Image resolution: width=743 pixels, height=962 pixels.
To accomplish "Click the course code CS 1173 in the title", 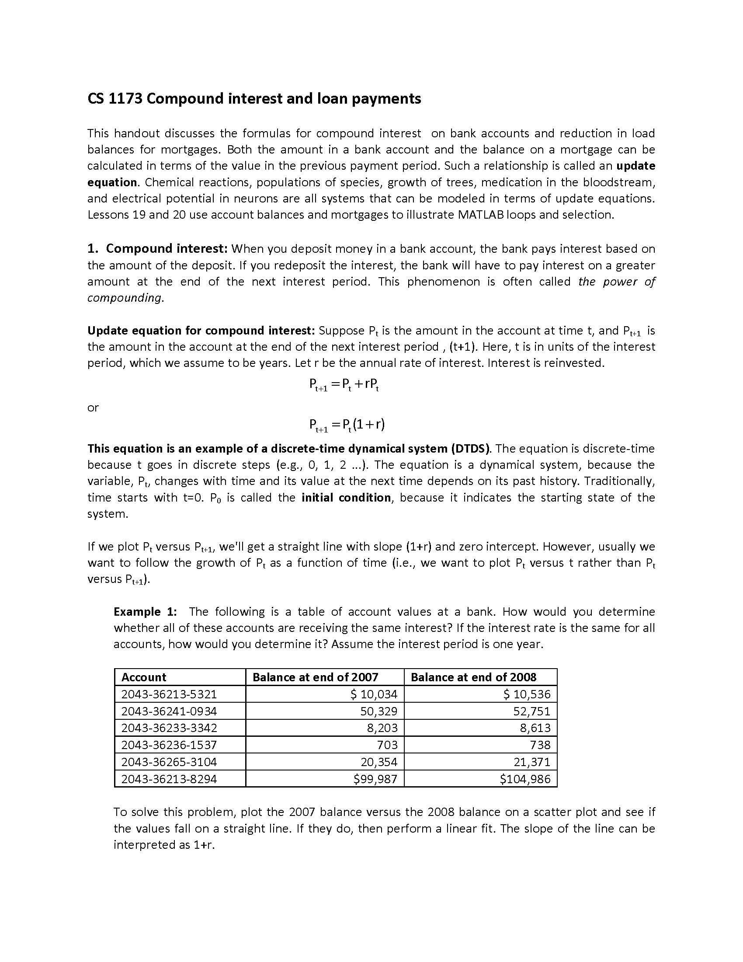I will (x=115, y=98).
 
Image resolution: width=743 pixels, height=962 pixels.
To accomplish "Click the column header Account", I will (x=143, y=677).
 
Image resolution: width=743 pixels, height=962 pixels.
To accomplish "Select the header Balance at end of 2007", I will (x=315, y=677).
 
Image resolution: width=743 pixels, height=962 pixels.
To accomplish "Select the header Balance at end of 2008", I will (x=473, y=677).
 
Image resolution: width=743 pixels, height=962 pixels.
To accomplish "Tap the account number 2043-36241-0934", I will (x=169, y=711).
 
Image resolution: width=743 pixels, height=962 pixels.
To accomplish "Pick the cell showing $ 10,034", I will (x=374, y=694).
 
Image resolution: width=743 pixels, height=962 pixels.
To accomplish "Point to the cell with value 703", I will (x=387, y=745).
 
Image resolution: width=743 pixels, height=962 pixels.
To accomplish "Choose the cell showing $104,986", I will (x=524, y=779).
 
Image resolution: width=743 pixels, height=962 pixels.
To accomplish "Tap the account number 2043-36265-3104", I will (x=169, y=762).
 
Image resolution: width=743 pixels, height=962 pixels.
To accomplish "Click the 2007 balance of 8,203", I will (x=382, y=728).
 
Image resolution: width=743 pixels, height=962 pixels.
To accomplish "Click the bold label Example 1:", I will (x=145, y=611).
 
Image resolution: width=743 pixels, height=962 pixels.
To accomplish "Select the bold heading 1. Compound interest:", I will (x=157, y=249).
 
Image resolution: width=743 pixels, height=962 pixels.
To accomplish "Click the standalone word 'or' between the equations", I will (x=93, y=408).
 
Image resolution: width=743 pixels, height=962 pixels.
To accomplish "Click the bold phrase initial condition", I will (x=346, y=497).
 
